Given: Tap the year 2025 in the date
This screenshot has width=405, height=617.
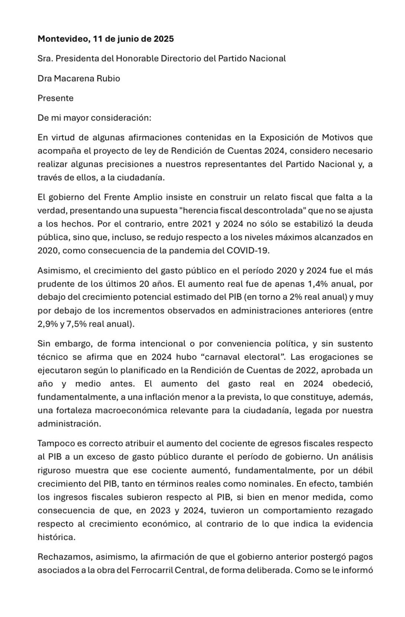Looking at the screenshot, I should [x=163, y=39].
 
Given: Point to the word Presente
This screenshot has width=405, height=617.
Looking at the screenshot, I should [x=55, y=98].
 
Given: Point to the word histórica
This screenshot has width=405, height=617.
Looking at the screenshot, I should [x=56, y=537].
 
